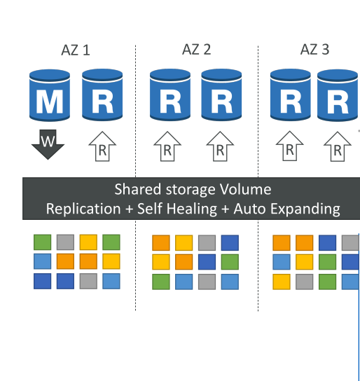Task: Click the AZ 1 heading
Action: point(76,50)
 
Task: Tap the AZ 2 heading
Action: point(197,49)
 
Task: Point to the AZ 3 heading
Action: point(314,49)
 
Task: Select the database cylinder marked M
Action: point(50,95)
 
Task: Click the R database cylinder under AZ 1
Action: point(102,95)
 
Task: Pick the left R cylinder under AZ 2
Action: point(170,95)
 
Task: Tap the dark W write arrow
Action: point(48,144)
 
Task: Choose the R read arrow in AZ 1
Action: point(102,146)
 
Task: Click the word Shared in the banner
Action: point(138,189)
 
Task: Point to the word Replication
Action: point(83,209)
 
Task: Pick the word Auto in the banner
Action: point(249,209)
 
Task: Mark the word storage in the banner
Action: point(191,190)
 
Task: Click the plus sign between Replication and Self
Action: point(130,209)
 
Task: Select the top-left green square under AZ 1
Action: point(42,242)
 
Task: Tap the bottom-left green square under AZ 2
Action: point(161,282)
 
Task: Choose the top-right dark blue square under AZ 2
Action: point(230,242)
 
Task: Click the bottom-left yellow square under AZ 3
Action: point(282,282)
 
